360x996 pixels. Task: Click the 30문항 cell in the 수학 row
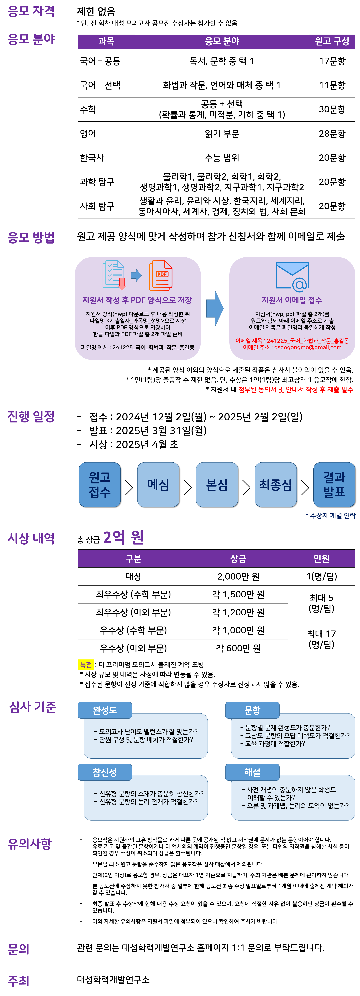pyautogui.click(x=332, y=109)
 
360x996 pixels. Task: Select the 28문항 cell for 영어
pyautogui.click(x=332, y=134)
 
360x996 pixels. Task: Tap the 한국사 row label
pyautogui.click(x=92, y=158)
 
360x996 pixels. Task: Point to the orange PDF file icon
pyautogui.click(x=160, y=275)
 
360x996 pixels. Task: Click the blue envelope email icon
pyautogui.click(x=292, y=276)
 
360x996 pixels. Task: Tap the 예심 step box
pyautogui.click(x=158, y=485)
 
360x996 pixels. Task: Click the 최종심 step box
pyautogui.click(x=275, y=485)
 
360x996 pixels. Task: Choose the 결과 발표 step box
pyautogui.click(x=334, y=485)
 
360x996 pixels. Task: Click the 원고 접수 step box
pyautogui.click(x=100, y=485)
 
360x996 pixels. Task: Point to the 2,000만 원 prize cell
pyautogui.click(x=238, y=576)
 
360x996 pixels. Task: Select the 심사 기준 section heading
pyautogui.click(x=33, y=707)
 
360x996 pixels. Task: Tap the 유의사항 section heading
pyautogui.click(x=30, y=844)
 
